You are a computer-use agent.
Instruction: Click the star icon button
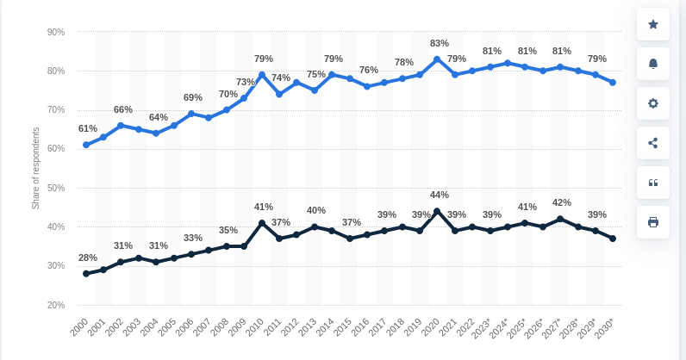pyautogui.click(x=652, y=24)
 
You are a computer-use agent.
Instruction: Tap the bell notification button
pyautogui.click(x=652, y=64)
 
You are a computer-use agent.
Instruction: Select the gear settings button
pyautogui.click(x=652, y=103)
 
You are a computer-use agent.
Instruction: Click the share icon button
pyautogui.click(x=652, y=143)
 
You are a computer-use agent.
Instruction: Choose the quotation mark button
pyautogui.click(x=652, y=183)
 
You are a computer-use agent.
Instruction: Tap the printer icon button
pyautogui.click(x=652, y=222)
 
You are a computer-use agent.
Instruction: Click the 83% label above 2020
pyautogui.click(x=440, y=43)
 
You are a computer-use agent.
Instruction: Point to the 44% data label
pyautogui.click(x=440, y=195)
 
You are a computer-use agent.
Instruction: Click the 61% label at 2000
pyautogui.click(x=88, y=128)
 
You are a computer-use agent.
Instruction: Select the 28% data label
pyautogui.click(x=88, y=258)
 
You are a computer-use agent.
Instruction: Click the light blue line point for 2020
pyautogui.click(x=437, y=59)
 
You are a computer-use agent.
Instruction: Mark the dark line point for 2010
pyautogui.click(x=262, y=223)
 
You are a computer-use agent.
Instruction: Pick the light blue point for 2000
pyautogui.click(x=86, y=145)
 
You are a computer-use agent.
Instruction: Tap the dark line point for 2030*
pyautogui.click(x=613, y=239)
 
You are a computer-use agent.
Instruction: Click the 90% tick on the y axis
pyautogui.click(x=56, y=33)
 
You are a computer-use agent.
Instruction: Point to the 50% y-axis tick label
pyautogui.click(x=56, y=188)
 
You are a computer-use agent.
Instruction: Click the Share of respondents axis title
pyautogui.click(x=36, y=168)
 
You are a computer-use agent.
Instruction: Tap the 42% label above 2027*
pyautogui.click(x=562, y=202)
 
